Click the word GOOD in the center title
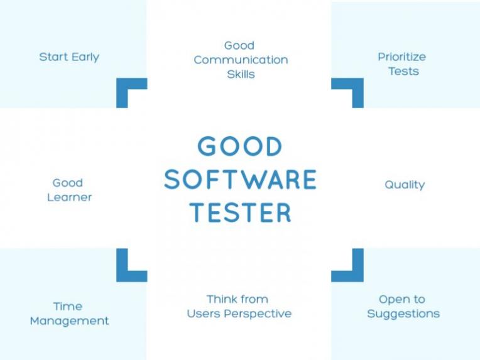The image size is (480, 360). click(x=240, y=147)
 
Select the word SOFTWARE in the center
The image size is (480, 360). click(x=240, y=180)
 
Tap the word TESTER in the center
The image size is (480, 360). click(x=241, y=212)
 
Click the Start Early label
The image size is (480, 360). click(x=69, y=57)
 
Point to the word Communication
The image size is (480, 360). click(x=241, y=60)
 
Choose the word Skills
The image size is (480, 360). click(x=241, y=74)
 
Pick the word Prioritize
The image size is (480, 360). click(x=402, y=57)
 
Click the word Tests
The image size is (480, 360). click(x=403, y=71)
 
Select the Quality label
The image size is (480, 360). click(x=405, y=185)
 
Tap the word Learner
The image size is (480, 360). click(x=69, y=197)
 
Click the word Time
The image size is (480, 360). click(x=68, y=307)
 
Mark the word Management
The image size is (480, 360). click(x=69, y=321)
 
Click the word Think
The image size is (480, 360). click(x=221, y=299)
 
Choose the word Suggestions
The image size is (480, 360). click(x=403, y=314)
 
